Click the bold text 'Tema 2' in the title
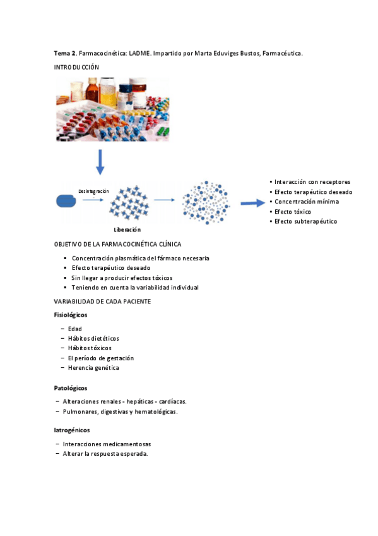click(x=65, y=54)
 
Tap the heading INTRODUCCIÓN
click(x=77, y=66)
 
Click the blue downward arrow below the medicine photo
click(x=100, y=162)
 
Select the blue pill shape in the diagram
click(x=66, y=201)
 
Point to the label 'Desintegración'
click(x=93, y=191)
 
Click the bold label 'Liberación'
click(x=127, y=229)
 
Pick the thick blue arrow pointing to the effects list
click(x=252, y=203)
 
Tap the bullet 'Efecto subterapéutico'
click(x=305, y=221)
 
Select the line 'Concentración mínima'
click(x=306, y=202)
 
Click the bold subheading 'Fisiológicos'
click(x=71, y=314)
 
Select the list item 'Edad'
click(x=74, y=329)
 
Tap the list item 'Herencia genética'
click(x=93, y=367)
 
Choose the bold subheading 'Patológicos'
click(x=71, y=387)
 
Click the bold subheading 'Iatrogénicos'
click(x=72, y=430)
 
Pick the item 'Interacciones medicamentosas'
click(x=107, y=444)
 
